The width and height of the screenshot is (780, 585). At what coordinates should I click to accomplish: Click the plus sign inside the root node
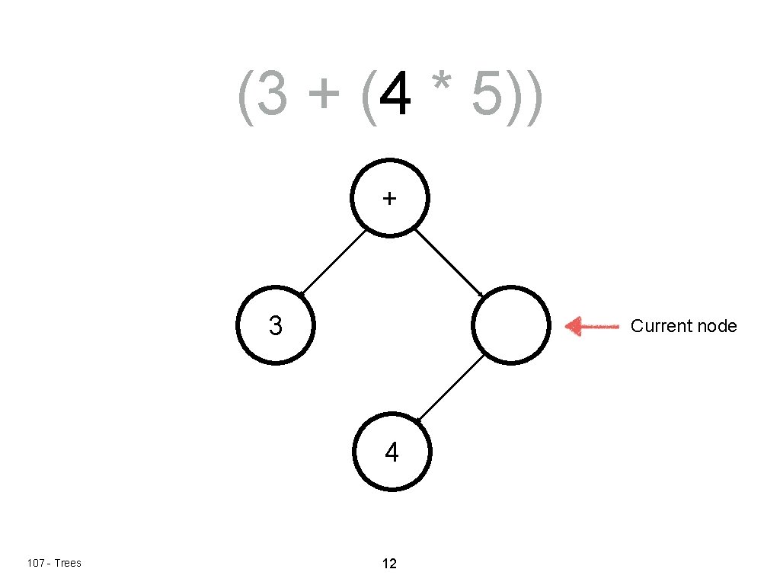(389, 199)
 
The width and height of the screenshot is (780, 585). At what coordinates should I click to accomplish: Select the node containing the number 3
(275, 326)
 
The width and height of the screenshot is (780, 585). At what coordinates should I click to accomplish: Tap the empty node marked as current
(511, 326)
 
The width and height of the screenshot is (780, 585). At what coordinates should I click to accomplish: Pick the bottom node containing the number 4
(392, 453)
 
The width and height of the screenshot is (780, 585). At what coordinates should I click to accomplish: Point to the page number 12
(389, 564)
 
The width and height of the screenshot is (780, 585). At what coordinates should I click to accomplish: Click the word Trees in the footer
(67, 563)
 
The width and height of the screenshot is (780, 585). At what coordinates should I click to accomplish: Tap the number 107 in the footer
(35, 563)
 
